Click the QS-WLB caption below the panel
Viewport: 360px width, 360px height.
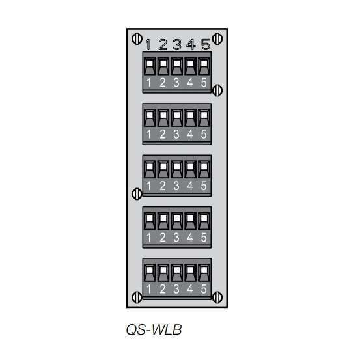tap(154, 331)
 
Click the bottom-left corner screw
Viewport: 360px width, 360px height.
tap(137, 297)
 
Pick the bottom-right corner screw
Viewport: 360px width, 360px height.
tap(218, 297)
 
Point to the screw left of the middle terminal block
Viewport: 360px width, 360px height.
tap(137, 193)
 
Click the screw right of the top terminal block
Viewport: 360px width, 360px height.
tap(218, 90)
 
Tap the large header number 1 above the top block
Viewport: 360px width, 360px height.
tap(148, 45)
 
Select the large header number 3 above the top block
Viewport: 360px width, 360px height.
tap(176, 45)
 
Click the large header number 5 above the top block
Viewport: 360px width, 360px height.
tap(205, 45)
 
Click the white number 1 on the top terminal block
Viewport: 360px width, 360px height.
tap(149, 83)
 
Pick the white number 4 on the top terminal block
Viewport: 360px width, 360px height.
tap(190, 83)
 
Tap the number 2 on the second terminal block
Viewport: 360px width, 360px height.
tap(163, 134)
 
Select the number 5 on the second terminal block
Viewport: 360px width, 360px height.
tap(204, 134)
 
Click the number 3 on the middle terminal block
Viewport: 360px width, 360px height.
tap(176, 186)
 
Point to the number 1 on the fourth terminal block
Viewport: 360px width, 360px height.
tap(149, 238)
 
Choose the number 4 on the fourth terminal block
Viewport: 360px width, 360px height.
tap(190, 238)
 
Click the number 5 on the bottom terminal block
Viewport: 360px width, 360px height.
tap(204, 289)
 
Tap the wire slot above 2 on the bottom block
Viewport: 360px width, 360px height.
tap(163, 270)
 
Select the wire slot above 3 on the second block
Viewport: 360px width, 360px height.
tap(176, 116)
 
